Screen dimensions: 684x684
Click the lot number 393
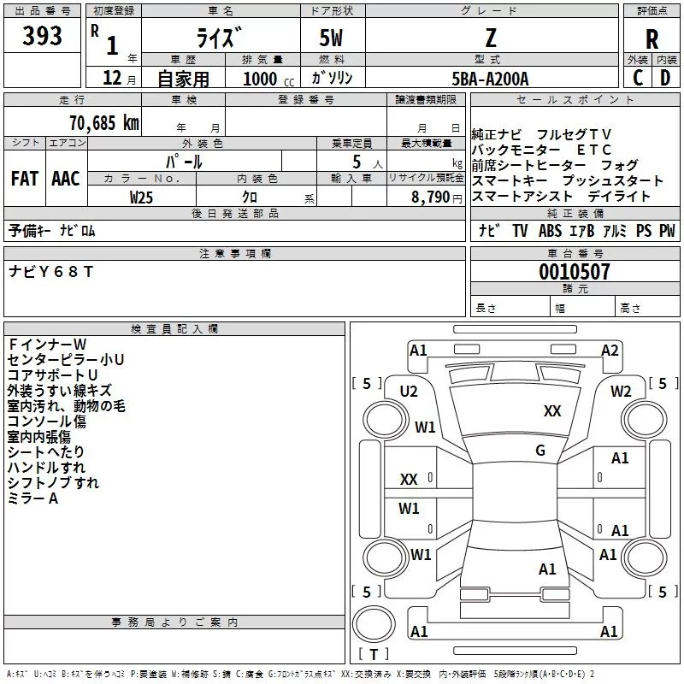(x=42, y=36)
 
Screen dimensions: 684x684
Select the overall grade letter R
(x=652, y=39)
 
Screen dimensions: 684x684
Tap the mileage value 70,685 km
(x=104, y=122)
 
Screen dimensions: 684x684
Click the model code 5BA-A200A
(x=490, y=79)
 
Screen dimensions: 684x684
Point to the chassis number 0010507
(x=575, y=272)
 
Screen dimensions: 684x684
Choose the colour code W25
(x=141, y=198)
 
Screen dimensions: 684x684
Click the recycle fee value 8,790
(x=431, y=198)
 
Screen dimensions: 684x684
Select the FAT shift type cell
(x=25, y=179)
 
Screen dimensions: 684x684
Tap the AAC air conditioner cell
(x=66, y=179)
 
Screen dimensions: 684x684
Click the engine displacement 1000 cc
(x=268, y=79)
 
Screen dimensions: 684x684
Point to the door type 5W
(x=331, y=38)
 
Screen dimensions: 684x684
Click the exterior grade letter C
(x=638, y=78)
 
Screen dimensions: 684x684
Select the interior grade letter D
(x=665, y=78)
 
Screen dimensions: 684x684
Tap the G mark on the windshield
(x=540, y=451)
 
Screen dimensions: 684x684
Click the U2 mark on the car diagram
(x=409, y=392)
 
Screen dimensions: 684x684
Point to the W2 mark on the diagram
(x=621, y=392)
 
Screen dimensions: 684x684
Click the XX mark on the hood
(x=552, y=411)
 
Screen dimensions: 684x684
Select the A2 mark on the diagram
(x=610, y=351)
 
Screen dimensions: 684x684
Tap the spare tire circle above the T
(x=374, y=624)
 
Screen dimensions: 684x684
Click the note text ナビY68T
(x=51, y=272)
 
